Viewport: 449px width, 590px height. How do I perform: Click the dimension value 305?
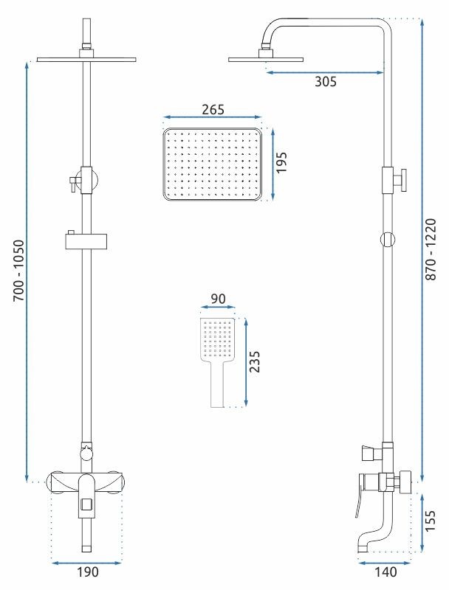pyautogui.click(x=325, y=83)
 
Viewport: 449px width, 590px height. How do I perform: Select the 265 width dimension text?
pyautogui.click(x=213, y=110)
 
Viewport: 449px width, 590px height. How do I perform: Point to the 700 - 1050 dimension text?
pyautogui.click(x=17, y=268)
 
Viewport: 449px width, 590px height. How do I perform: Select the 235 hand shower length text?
pyautogui.click(x=255, y=362)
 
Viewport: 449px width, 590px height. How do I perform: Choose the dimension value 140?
pyautogui.click(x=384, y=572)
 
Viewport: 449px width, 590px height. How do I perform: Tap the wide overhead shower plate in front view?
pyautogui.click(x=87, y=59)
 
